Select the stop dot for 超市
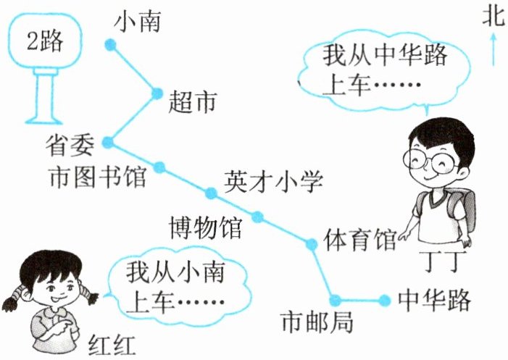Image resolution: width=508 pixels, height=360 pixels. point(158,93)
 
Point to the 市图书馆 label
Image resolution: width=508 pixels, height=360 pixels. point(96,176)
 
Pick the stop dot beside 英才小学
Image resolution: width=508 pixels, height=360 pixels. point(211,193)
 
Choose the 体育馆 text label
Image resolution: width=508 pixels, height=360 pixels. point(360,239)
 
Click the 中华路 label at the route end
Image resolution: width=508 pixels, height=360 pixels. point(435,298)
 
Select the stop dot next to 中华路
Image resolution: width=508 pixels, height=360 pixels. point(383,298)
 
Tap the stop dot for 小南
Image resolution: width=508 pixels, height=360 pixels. point(110,45)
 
